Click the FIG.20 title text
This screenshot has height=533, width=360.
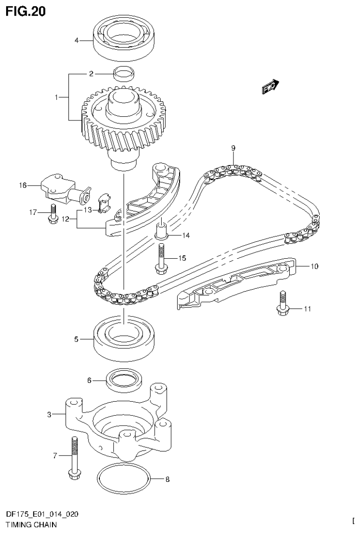point(26,11)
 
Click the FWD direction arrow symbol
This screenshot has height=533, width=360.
point(271,87)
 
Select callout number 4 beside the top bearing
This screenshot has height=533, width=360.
point(76,40)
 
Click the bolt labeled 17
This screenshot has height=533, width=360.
point(52,213)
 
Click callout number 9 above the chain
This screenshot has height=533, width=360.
point(233,149)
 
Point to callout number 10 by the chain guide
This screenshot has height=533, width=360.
point(314,267)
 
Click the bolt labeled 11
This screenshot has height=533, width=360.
point(282,303)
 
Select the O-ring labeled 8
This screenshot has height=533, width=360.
point(124,480)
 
